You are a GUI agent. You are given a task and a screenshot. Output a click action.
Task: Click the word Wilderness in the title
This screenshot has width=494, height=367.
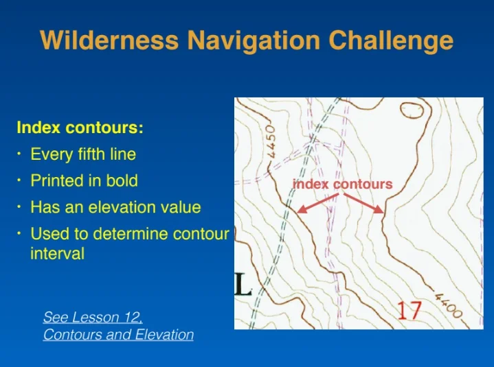pos(109,40)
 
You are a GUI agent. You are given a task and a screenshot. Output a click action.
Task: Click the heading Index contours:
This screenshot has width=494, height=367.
pos(80,128)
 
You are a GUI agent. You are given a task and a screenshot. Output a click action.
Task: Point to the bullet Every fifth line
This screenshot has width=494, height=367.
pos(83,154)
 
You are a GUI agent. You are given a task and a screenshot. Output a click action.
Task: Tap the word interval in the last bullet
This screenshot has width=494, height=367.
pos(57,253)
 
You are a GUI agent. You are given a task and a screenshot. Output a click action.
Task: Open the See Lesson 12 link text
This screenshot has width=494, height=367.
pos(93,317)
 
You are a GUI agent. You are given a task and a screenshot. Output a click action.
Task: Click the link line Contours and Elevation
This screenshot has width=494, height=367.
pos(118,334)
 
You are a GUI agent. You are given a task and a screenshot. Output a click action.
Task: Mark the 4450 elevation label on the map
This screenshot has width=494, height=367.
pos(271,141)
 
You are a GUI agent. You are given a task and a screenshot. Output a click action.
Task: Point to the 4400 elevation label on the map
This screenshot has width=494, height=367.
pos(449,305)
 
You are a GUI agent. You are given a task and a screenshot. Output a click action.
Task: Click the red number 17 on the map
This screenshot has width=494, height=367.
pos(409,310)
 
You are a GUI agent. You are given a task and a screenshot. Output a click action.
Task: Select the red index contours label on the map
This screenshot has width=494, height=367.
pos(343,184)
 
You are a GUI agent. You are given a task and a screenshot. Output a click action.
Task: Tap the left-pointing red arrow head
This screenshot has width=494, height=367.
pos(302,209)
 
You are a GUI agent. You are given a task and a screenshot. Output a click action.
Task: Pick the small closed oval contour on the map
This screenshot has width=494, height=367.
pos(412,110)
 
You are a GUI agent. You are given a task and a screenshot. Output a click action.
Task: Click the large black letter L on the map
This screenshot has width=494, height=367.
pos(243,285)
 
